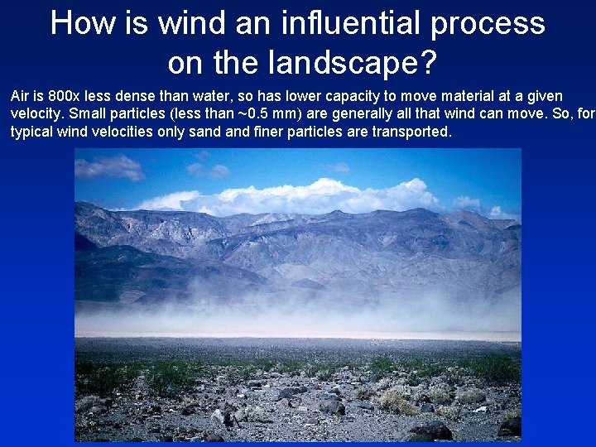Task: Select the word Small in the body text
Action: pos(93,114)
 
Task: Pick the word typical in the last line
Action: pos(32,132)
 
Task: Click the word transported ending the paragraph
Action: pos(411,132)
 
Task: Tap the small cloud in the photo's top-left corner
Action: pos(108,166)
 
